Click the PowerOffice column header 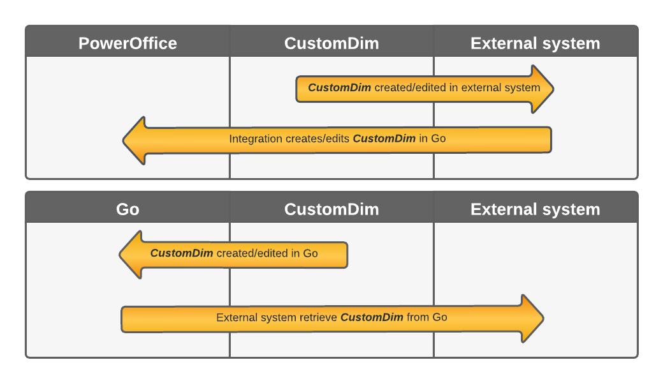pyautogui.click(x=127, y=43)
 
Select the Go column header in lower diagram pyautogui.click(x=127, y=209)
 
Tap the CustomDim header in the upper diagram pyautogui.click(x=331, y=43)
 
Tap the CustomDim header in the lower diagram pyautogui.click(x=331, y=209)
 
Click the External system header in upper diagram pyautogui.click(x=535, y=43)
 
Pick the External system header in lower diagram pyautogui.click(x=535, y=209)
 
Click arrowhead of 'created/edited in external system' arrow pyautogui.click(x=543, y=89)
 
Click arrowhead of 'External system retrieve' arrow pyautogui.click(x=532, y=319)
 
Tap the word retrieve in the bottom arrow pyautogui.click(x=318, y=317)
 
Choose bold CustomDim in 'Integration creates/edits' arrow pyautogui.click(x=384, y=139)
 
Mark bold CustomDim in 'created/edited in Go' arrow pyautogui.click(x=182, y=253)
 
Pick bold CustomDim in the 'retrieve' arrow pyautogui.click(x=372, y=317)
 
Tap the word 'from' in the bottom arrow pyautogui.click(x=418, y=317)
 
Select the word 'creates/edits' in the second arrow pyautogui.click(x=319, y=139)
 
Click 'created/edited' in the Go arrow pyautogui.click(x=252, y=253)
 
